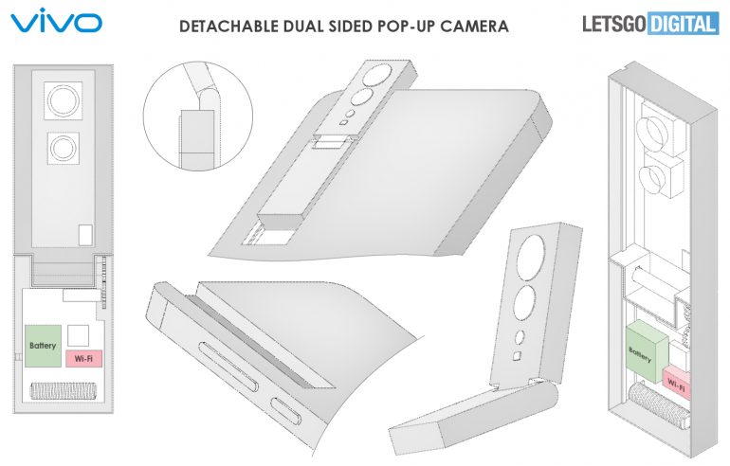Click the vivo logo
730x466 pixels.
pos(56,21)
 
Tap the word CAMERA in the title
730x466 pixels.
pos(474,26)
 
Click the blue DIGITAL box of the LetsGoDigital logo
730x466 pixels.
pos(682,24)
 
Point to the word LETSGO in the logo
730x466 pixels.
pos(614,24)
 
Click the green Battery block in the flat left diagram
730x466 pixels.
pos(43,346)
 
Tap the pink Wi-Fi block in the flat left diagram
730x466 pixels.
pos(83,359)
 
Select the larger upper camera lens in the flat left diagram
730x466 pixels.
pos(64,100)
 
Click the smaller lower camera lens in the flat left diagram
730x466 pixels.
pos(63,148)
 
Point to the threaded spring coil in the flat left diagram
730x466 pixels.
pos(64,390)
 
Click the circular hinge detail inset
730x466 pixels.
pos(198,116)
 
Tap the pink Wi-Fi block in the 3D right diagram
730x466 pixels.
pos(676,383)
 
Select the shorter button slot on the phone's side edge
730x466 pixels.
pos(286,412)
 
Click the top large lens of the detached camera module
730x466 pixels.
pos(531,258)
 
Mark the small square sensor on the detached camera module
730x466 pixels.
pos(517,357)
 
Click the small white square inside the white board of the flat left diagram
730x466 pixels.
pos(78,335)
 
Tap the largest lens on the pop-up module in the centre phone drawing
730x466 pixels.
pos(378,76)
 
